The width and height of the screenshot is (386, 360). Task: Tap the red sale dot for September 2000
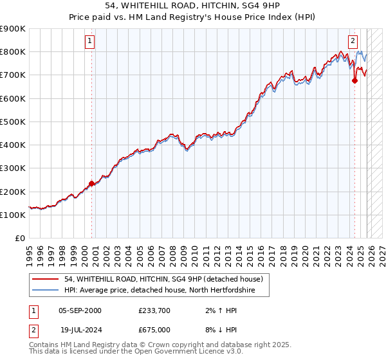coord(91,183)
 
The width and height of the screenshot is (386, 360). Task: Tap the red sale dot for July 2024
coord(354,80)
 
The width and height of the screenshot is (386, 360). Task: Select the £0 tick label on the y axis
coord(20,239)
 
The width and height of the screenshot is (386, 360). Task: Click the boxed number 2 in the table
coord(33,330)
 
